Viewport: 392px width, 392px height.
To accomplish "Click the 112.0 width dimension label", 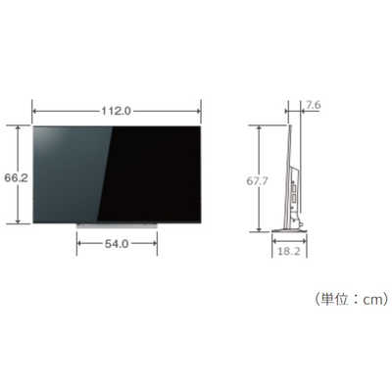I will click(117, 110).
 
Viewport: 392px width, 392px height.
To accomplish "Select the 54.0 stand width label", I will click(117, 245).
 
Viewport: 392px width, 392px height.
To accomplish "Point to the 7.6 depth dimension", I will click(313, 105).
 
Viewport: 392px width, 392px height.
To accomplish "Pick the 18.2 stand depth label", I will click(287, 251).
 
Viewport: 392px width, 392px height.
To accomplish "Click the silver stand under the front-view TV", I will click(117, 224).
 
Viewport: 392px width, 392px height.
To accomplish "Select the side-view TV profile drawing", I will click(291, 176).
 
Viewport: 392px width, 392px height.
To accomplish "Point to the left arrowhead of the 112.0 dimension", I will click(33, 110).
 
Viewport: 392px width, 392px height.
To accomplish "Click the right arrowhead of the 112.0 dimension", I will click(200, 110).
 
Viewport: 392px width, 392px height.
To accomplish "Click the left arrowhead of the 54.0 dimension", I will click(77, 245).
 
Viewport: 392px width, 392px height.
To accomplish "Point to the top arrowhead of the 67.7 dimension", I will click(260, 127).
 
